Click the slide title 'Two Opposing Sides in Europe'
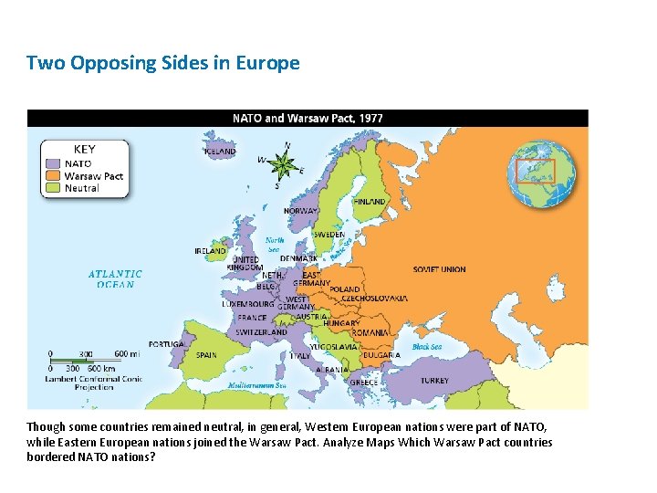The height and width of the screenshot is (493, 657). (x=162, y=63)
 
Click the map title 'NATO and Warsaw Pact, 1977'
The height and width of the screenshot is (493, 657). (x=308, y=118)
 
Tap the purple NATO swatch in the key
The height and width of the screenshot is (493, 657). (x=54, y=164)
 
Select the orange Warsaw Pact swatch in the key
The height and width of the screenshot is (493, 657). (x=54, y=176)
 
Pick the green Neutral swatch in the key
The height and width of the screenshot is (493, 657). (x=54, y=188)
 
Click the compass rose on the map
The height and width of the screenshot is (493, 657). (x=284, y=165)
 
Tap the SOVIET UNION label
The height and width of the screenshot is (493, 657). (x=439, y=269)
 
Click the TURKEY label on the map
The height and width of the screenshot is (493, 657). (x=434, y=380)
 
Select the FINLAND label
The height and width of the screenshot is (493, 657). (x=369, y=201)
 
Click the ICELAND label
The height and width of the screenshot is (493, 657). (x=226, y=152)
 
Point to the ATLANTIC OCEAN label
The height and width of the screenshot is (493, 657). (x=115, y=278)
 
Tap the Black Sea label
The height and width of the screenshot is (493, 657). (x=427, y=347)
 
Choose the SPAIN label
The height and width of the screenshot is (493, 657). (x=206, y=355)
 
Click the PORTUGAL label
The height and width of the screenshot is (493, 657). (x=166, y=344)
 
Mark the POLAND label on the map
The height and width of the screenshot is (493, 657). (x=345, y=289)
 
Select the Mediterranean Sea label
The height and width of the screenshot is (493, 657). (x=257, y=386)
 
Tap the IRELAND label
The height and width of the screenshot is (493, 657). (x=210, y=250)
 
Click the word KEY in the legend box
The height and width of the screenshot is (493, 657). (x=84, y=149)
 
